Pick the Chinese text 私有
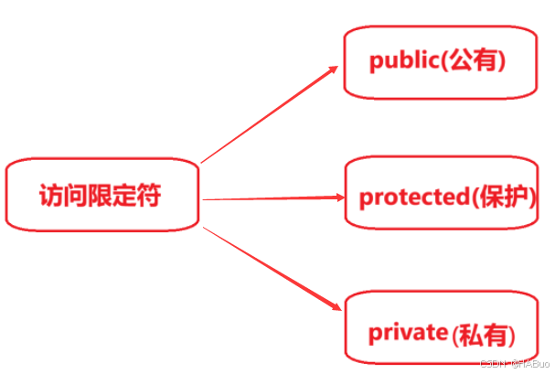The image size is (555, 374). (x=483, y=334)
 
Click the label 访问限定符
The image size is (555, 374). (x=104, y=196)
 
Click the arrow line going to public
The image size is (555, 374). (x=265, y=116)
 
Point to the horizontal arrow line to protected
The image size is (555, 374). (x=265, y=198)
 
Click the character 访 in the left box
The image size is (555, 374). (x=52, y=196)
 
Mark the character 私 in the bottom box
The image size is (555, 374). (x=471, y=334)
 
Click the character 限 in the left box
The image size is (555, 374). (x=104, y=196)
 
